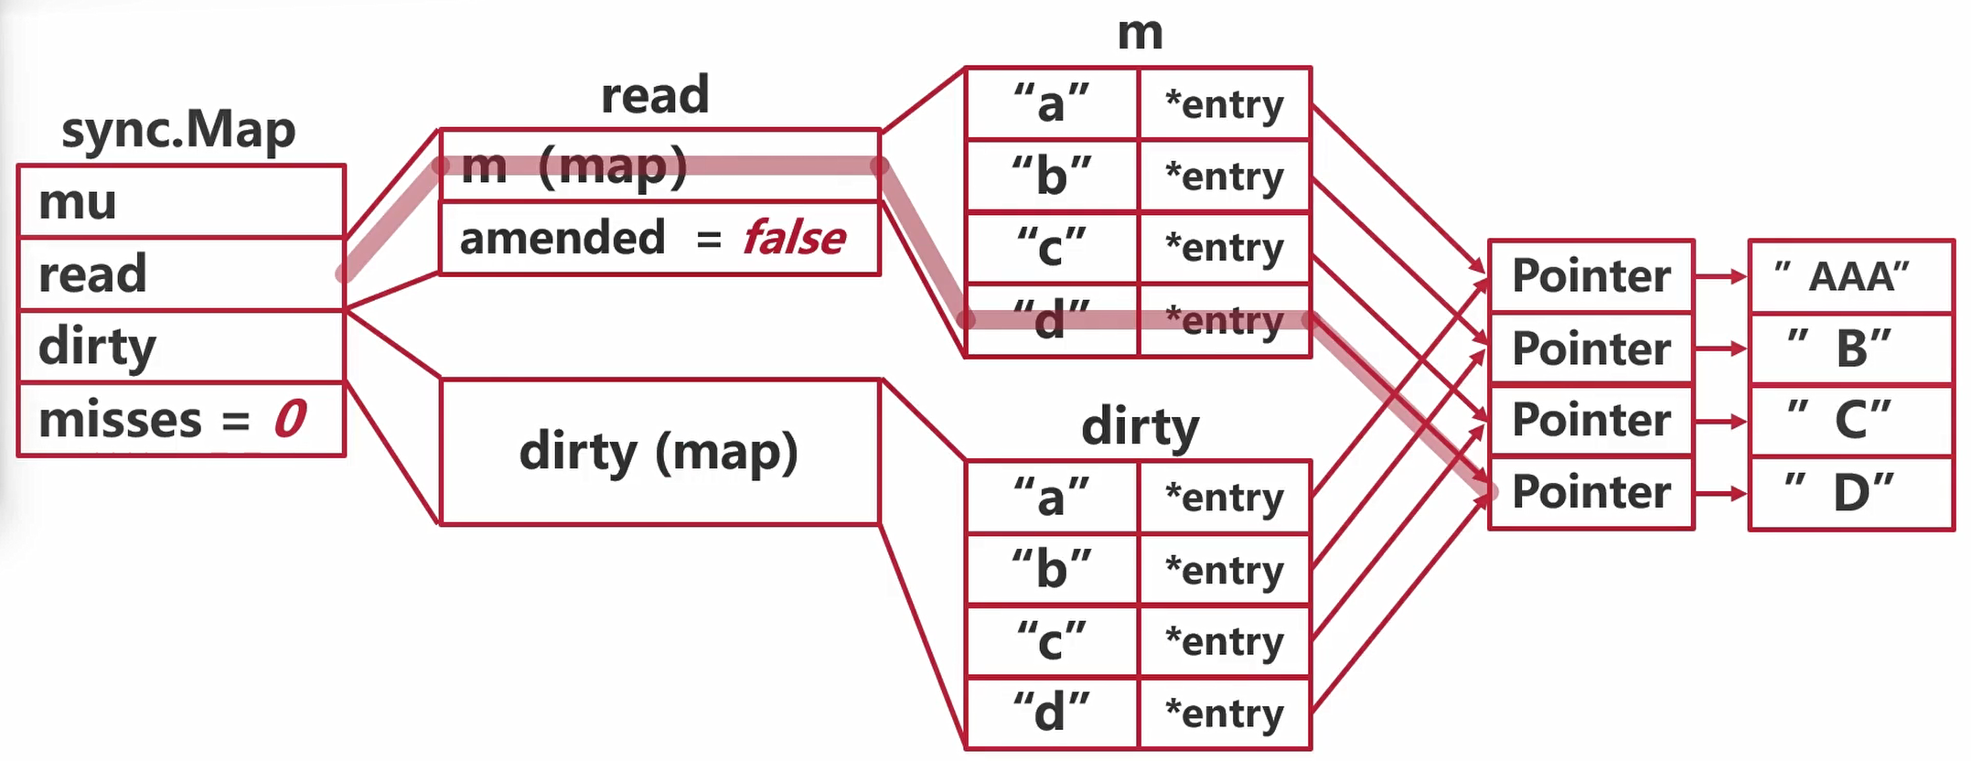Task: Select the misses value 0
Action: coord(291,420)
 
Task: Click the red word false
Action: coord(794,239)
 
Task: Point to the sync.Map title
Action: coord(178,131)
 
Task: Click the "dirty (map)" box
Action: coord(659,452)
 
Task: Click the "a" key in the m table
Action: coord(1052,103)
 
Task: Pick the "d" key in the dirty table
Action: coord(1052,713)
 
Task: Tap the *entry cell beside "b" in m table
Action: coord(1225,177)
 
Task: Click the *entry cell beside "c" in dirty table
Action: coord(1225,641)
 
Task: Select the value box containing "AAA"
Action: coord(1851,276)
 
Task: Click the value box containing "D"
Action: coord(1851,494)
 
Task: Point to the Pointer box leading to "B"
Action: coord(1591,348)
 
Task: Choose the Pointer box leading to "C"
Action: coord(1591,421)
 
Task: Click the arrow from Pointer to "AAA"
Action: coord(1720,276)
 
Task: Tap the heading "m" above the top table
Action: coord(1140,34)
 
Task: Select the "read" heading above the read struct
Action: coord(655,95)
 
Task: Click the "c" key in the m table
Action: coord(1052,248)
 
